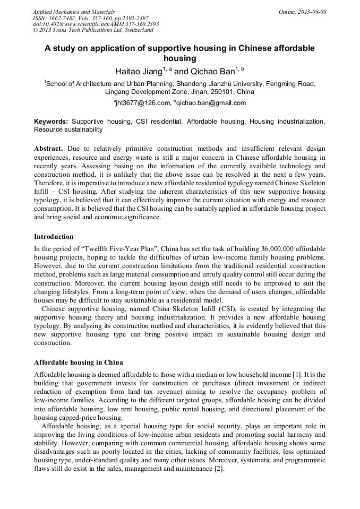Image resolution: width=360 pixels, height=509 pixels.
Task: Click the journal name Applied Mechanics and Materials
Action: click(73, 12)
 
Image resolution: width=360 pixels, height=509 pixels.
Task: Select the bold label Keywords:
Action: click(51, 122)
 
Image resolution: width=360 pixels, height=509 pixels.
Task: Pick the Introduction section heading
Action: click(54, 236)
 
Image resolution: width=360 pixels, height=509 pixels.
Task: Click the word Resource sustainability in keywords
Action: click(68, 129)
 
